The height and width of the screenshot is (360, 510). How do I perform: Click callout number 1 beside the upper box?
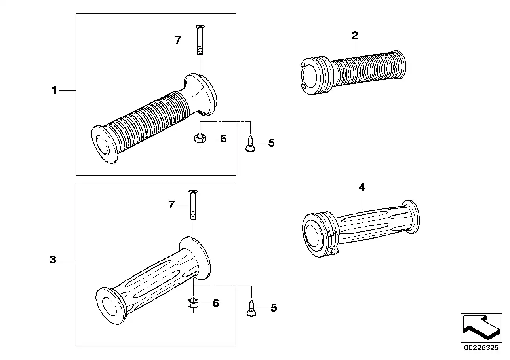[54, 91]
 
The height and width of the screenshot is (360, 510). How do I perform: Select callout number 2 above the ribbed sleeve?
[355, 36]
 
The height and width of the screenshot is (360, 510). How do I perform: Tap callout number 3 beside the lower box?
[53, 260]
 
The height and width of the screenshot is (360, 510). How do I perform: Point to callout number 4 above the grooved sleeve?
[362, 188]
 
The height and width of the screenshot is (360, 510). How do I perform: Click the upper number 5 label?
[271, 143]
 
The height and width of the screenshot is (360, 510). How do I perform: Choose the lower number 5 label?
[274, 308]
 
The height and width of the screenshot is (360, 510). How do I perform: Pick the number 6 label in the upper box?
[223, 138]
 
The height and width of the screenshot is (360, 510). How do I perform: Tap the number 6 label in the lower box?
[216, 303]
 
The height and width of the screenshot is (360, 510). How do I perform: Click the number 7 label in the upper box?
[178, 40]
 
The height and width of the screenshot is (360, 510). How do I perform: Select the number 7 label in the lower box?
[171, 205]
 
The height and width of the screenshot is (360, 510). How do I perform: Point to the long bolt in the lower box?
[193, 204]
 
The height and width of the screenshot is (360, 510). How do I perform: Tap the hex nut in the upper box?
[200, 138]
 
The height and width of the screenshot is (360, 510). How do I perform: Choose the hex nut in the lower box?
[193, 303]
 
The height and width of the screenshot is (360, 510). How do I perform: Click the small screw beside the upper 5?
[250, 143]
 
